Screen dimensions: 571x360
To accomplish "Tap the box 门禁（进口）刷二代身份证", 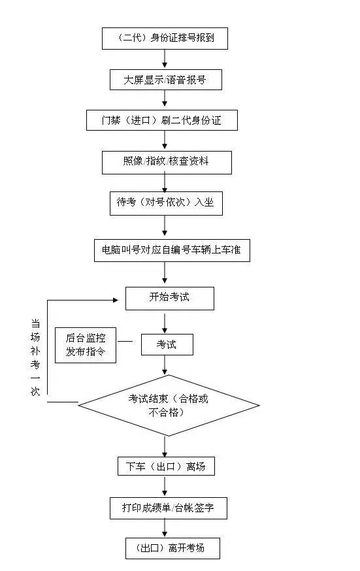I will pos(161,120).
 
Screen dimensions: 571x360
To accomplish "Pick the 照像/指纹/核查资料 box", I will pos(167,162).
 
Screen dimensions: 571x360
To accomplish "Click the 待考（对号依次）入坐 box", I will pos(165,203).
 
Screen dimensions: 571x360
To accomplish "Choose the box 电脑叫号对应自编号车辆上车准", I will pos(172,250).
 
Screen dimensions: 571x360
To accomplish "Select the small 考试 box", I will pos(167,344).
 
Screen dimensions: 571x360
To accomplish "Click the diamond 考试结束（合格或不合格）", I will pos(169,405).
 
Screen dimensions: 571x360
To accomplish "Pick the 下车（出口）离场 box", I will pos(169,466).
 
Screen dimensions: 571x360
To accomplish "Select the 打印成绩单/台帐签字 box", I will pos(169,508).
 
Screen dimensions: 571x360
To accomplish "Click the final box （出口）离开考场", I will pos(172,548).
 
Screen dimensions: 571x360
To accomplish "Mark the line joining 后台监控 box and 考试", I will pos(129,341).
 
